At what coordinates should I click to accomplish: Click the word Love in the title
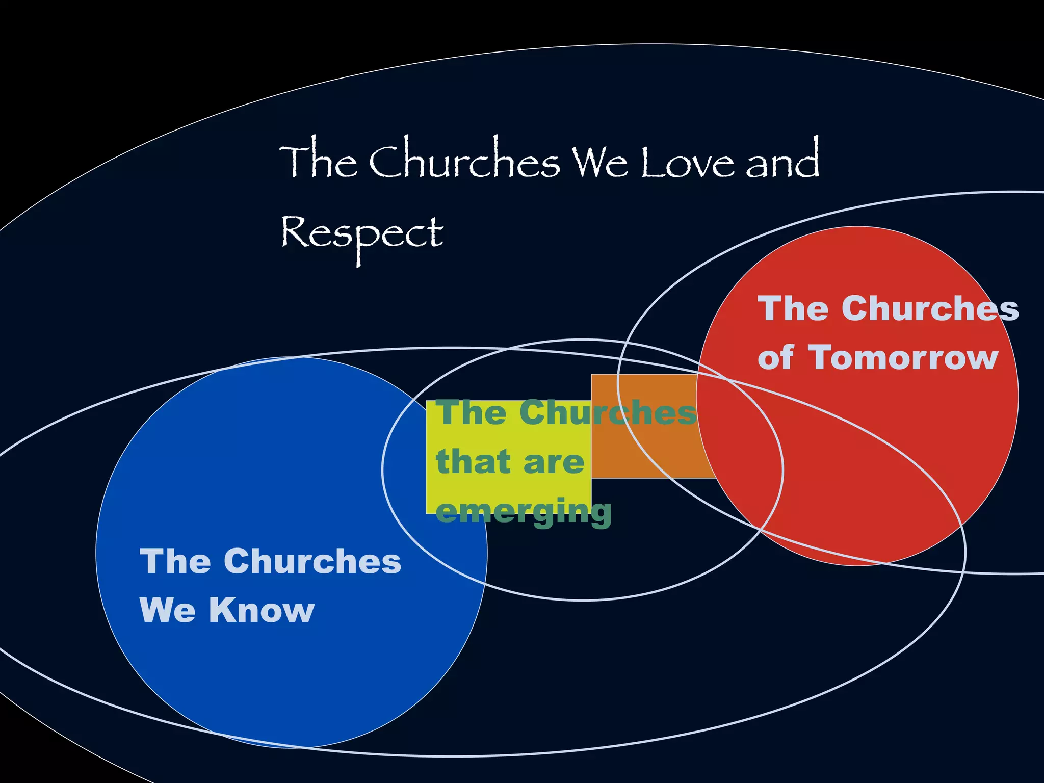point(687,162)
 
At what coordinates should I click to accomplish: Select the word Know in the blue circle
point(262,610)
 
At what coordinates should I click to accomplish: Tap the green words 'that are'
point(510,462)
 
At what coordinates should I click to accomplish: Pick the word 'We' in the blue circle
point(168,610)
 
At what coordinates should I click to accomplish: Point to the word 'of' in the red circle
point(775,358)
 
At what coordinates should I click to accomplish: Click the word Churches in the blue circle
point(312,561)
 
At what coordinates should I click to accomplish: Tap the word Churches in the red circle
point(930,309)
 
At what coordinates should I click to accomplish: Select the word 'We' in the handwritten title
point(599,162)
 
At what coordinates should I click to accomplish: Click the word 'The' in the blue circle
point(175,561)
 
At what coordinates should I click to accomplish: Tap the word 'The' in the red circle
point(793,309)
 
